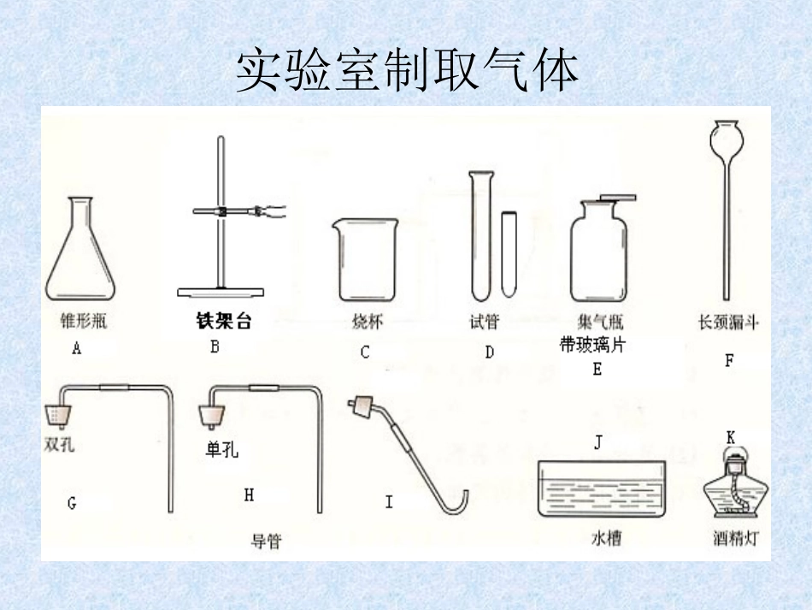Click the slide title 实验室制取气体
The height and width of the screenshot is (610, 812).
pos(407,71)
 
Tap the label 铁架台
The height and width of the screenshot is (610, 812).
pos(224,323)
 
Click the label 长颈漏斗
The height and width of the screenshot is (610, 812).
pos(728,323)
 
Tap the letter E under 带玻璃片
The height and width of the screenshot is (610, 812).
pos(597,369)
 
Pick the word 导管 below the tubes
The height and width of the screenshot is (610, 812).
pos(266,541)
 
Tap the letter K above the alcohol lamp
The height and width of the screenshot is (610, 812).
pos(731,437)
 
